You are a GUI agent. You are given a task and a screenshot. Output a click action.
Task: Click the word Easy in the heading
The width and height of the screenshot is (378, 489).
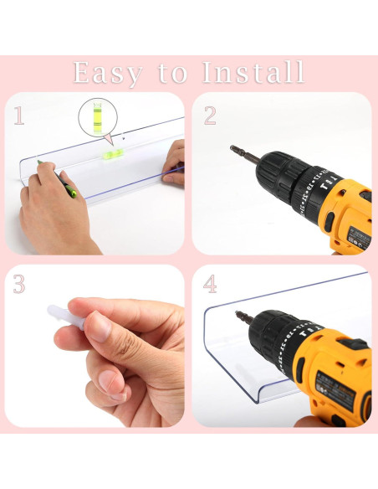108,74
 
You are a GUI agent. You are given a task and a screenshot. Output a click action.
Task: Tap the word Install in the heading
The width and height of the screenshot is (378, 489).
253,72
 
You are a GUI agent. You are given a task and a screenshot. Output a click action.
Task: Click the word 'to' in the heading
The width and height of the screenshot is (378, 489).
173,74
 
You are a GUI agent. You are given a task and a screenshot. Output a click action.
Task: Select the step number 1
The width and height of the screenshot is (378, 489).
19,116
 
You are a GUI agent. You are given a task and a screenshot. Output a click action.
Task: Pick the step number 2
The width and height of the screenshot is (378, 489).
210,116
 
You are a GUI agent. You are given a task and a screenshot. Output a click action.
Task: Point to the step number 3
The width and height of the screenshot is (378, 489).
19,284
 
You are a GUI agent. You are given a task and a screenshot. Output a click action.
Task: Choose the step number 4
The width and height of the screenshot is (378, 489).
210,284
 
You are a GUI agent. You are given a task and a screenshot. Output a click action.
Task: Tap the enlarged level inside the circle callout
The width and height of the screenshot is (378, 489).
98,119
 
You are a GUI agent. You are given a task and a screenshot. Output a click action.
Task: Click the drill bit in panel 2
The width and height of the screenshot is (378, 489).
245,154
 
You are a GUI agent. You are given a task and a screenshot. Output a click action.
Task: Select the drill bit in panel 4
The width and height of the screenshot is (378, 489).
245,318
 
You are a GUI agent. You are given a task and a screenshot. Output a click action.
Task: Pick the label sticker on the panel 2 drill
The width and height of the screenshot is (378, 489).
358,239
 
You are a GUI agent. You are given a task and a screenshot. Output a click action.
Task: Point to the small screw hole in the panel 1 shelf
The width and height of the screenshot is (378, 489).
124,138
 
